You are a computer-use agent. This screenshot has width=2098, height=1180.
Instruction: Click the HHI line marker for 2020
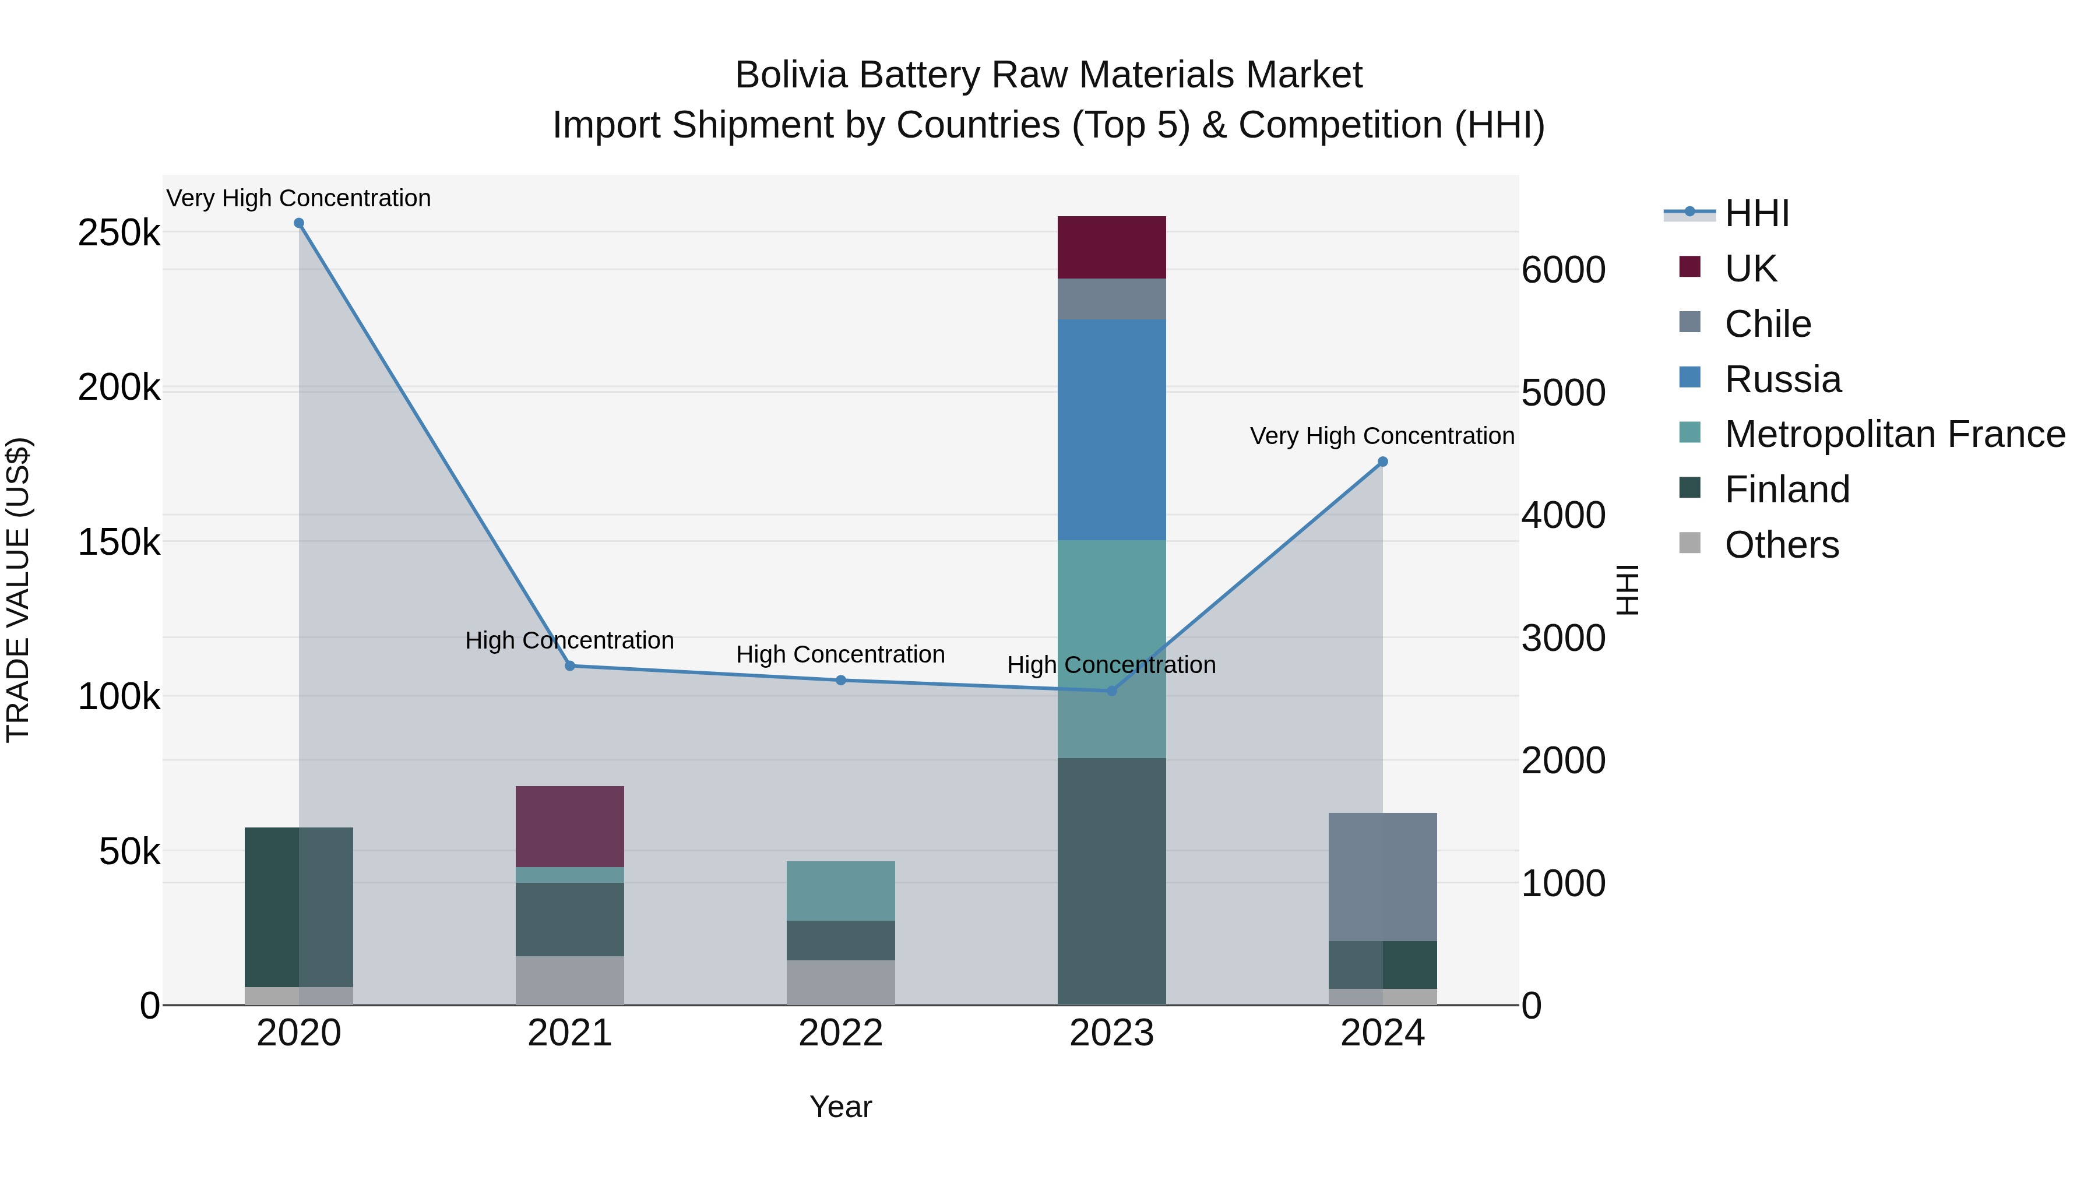[x=299, y=223]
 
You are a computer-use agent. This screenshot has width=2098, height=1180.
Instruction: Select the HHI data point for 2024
[x=1382, y=462]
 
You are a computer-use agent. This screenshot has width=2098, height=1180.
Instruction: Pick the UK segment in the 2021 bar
[x=569, y=826]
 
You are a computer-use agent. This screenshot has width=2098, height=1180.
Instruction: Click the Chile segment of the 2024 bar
[x=1382, y=876]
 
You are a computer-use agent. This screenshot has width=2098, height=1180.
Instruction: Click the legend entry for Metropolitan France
[x=1895, y=434]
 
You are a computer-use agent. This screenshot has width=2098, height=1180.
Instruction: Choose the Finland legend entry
[x=1787, y=489]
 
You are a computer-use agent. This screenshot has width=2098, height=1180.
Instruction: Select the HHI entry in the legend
[x=1756, y=213]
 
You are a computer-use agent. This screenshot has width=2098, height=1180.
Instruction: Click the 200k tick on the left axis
[x=119, y=388]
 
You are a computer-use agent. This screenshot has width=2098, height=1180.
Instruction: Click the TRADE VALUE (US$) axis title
[x=18, y=590]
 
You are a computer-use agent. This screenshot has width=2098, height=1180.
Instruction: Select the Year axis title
[x=840, y=1107]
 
